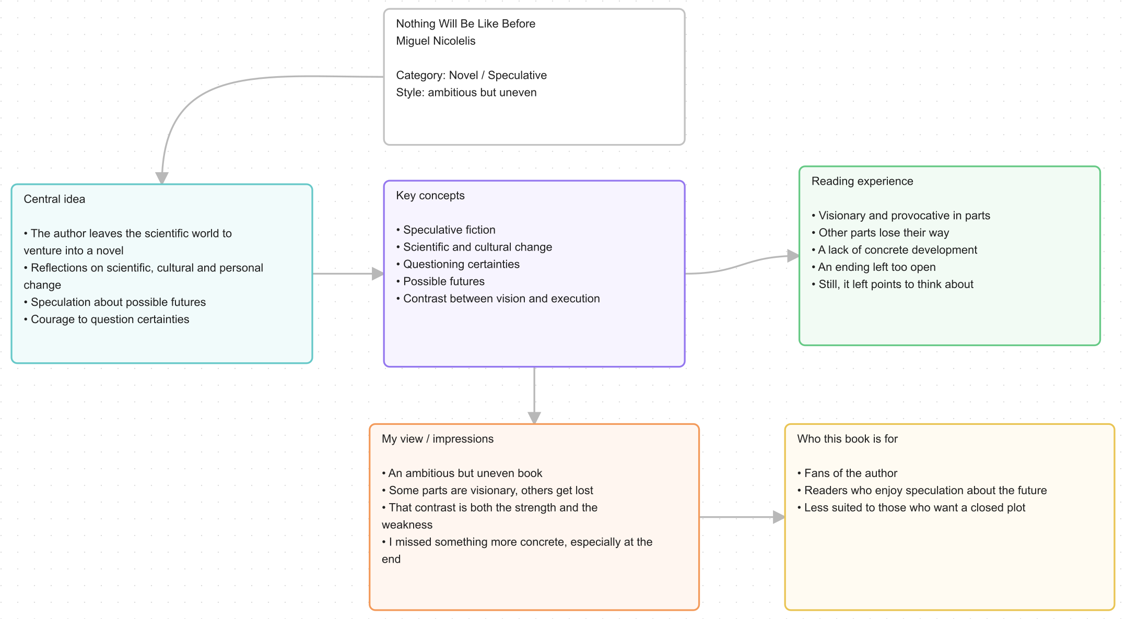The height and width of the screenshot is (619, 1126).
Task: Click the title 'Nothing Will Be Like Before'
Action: tap(465, 23)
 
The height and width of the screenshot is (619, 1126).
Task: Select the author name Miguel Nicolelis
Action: tap(436, 41)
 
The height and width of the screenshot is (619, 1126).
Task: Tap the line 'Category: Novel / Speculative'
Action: tap(471, 75)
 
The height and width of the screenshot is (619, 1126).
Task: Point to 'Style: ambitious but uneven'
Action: tap(466, 92)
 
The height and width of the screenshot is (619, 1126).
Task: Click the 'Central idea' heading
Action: tap(54, 199)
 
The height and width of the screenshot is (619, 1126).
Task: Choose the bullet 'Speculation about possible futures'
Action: tap(115, 302)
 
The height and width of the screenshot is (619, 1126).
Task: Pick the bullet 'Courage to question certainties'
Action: tap(107, 319)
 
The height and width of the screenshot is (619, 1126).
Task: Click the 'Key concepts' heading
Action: tap(430, 195)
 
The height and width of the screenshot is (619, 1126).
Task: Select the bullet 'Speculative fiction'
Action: tap(445, 230)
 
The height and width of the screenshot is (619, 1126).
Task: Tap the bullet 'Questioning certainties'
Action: tap(458, 264)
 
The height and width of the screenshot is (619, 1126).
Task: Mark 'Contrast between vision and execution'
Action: tap(498, 299)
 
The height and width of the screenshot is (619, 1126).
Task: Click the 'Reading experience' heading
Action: tap(862, 181)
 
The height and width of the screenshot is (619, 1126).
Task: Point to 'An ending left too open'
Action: tap(874, 267)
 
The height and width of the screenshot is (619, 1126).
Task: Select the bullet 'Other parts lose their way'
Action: tap(881, 233)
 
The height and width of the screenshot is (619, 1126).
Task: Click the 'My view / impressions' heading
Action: tap(438, 439)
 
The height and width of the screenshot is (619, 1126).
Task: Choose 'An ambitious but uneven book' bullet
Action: tap(462, 473)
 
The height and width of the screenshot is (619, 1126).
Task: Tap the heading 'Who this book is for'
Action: tap(847, 439)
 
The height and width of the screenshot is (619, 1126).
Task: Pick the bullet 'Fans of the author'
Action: tap(847, 473)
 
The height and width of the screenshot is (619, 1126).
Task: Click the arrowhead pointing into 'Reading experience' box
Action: tap(793, 256)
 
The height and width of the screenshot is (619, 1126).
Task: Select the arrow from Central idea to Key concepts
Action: tap(348, 273)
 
